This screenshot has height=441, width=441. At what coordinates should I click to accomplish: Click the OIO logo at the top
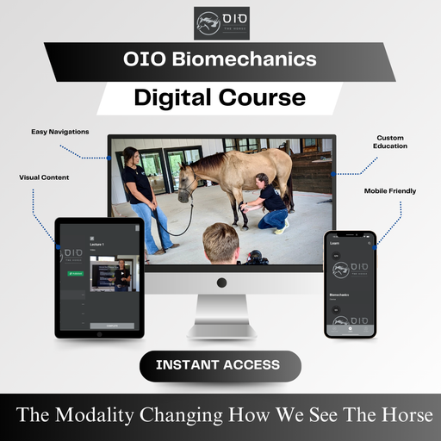pos(220,23)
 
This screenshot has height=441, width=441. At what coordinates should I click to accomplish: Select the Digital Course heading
pos(220,97)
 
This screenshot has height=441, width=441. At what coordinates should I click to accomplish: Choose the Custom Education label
pos(390,141)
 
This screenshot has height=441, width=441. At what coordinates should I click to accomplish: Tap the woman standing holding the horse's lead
pos(138,198)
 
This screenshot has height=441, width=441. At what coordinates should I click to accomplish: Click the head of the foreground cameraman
pos(220,243)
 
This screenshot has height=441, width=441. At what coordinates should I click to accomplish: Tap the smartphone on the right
pos(350,284)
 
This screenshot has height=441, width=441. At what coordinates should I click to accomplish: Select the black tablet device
pos(99,277)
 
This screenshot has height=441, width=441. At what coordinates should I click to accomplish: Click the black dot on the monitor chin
pos(221,282)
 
